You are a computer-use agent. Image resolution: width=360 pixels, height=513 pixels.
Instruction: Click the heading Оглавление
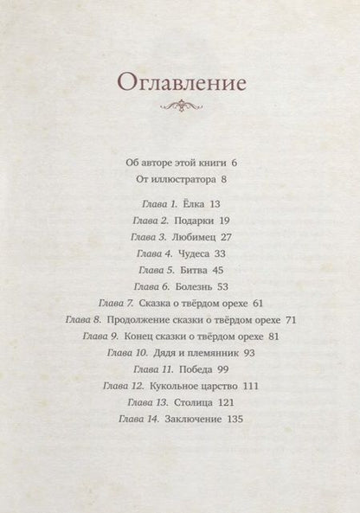click(x=181, y=82)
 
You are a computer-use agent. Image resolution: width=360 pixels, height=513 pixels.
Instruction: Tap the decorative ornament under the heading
click(x=181, y=107)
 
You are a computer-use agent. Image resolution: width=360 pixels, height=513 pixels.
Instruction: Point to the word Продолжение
click(x=142, y=319)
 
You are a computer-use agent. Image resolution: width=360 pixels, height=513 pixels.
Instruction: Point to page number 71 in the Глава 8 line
click(x=291, y=319)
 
